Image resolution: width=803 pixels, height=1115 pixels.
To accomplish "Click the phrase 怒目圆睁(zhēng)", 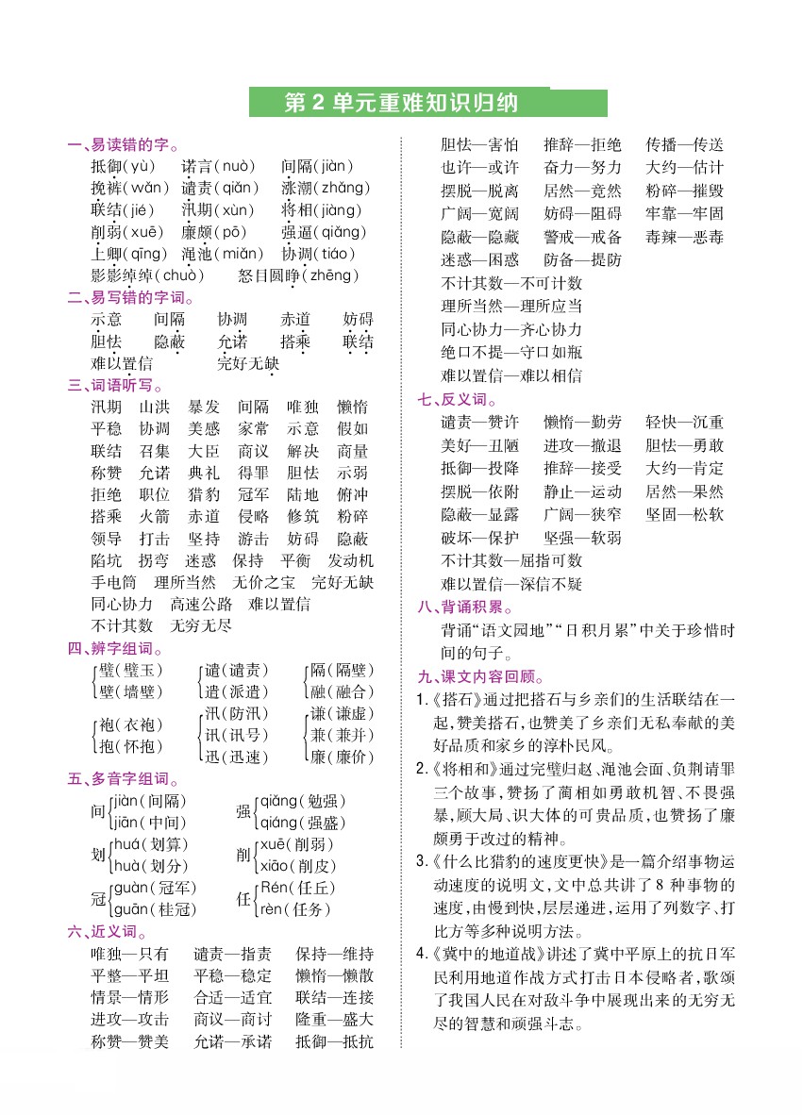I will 299,275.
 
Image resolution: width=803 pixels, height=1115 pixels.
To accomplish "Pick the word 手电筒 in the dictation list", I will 114,582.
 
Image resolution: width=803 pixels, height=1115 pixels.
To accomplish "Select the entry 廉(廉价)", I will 343,757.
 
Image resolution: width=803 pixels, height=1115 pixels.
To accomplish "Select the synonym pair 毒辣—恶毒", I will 685,236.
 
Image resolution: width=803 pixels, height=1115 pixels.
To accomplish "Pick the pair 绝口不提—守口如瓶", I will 511,353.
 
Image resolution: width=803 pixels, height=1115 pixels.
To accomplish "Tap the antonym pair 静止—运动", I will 583,491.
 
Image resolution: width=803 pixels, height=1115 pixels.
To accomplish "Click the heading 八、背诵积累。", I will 466,607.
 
